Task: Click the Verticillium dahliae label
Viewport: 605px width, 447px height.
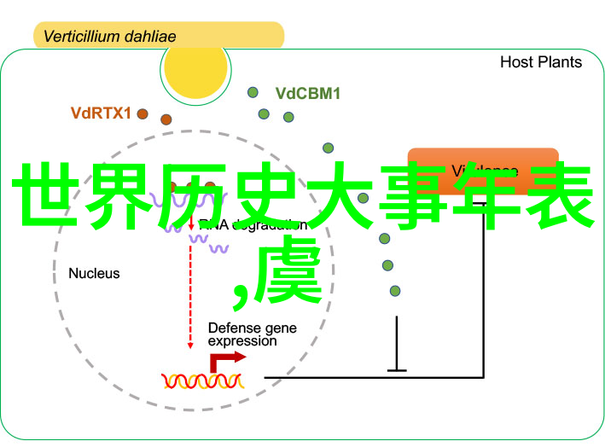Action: pos(109,37)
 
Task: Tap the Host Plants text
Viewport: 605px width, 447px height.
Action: pos(540,62)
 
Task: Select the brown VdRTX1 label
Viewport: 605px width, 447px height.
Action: pos(101,113)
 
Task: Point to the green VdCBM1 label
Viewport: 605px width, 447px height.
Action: pos(307,94)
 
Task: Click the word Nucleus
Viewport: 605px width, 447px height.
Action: pos(94,274)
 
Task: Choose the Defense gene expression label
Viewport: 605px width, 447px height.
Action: pos(242,334)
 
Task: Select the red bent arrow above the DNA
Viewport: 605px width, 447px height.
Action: pos(224,361)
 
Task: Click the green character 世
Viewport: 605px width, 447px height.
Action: pos(47,195)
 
